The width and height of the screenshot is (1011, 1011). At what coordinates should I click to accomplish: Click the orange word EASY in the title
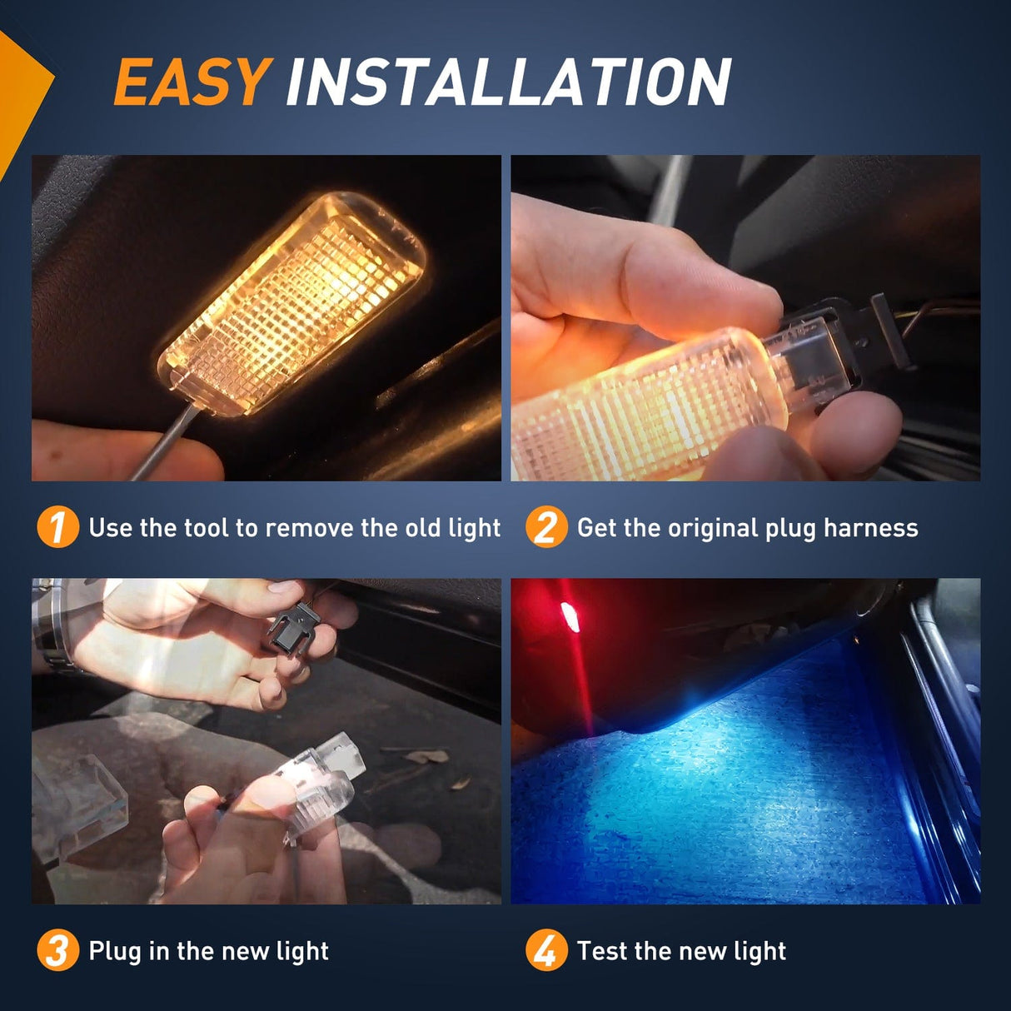coord(191,82)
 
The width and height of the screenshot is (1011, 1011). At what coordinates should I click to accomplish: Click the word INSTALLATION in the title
coord(507,82)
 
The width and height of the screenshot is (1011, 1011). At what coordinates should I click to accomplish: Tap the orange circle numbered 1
coord(57,527)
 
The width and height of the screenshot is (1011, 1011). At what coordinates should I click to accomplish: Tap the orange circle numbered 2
coord(545,527)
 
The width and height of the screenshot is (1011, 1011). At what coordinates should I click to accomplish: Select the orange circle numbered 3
coord(57,950)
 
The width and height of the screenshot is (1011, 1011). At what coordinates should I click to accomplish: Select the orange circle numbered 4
coord(545,950)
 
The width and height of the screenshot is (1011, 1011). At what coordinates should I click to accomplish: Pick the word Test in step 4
coord(603,951)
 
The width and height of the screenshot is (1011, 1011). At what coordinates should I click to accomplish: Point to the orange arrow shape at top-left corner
coord(21,92)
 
